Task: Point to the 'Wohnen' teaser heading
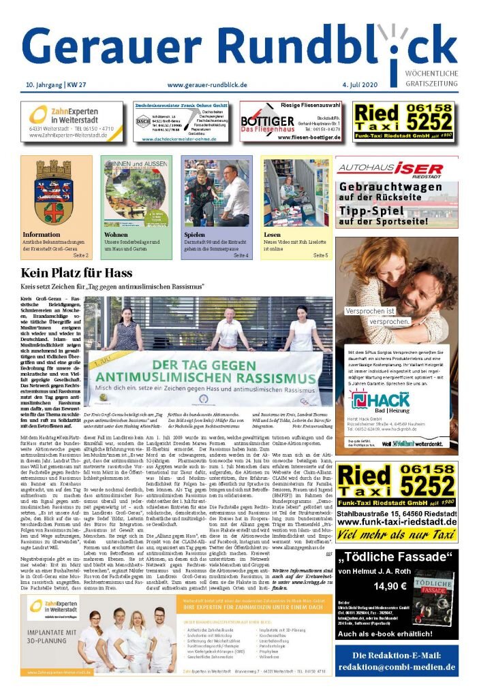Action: click(116, 234)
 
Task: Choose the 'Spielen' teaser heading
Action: click(194, 234)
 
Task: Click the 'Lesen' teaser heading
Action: click(273, 234)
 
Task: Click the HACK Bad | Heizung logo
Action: click(371, 400)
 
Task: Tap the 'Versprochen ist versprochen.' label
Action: click(379, 316)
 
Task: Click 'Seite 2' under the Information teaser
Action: click(81, 255)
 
